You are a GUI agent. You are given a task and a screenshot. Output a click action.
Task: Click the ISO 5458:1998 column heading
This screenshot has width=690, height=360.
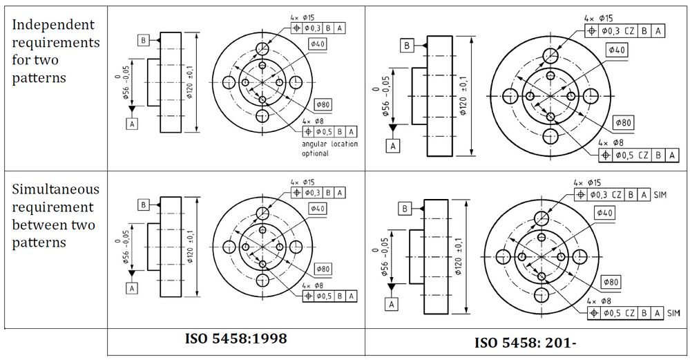pos(236,339)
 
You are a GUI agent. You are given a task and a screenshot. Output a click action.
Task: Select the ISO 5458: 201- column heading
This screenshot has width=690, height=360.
pos(525,342)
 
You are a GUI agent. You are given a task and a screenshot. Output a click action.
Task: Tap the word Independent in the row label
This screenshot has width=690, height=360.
pos(52,25)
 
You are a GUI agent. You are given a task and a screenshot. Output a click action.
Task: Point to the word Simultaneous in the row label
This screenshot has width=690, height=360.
pos(55,190)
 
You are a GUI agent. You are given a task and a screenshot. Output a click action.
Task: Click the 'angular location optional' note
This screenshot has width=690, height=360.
pos(329,149)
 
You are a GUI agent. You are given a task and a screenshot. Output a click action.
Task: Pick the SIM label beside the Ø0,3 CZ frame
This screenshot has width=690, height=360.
pos(660,195)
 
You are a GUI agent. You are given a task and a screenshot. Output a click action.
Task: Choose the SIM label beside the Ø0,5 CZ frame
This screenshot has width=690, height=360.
pos(673,313)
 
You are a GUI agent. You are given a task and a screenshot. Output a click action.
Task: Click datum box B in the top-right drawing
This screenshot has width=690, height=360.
pos(407,46)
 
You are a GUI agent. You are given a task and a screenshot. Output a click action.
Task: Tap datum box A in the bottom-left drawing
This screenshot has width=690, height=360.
pos(132,288)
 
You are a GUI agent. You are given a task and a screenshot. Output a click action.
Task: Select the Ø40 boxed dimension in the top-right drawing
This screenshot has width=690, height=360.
pos(617,50)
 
